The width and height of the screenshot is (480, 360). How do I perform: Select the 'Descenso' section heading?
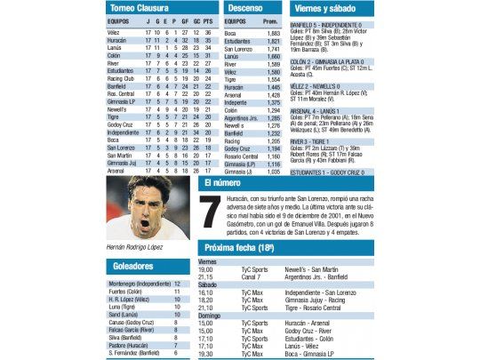tap(245, 8)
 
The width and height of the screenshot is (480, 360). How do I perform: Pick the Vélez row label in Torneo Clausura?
tap(114, 33)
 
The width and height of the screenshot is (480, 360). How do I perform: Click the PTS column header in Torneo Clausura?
tap(207, 20)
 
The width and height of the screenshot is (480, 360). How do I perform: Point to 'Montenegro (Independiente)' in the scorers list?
tap(140, 283)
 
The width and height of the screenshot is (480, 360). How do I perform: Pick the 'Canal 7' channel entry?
tap(250, 276)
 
